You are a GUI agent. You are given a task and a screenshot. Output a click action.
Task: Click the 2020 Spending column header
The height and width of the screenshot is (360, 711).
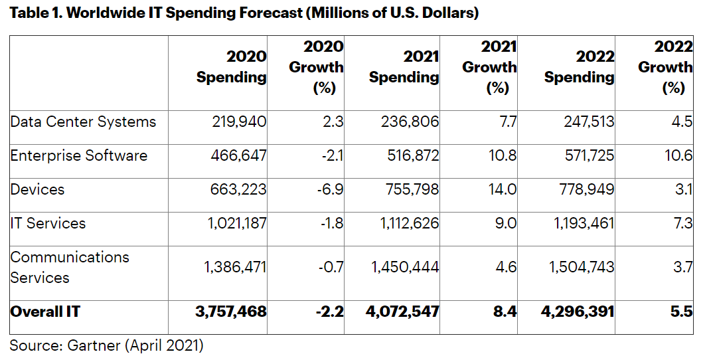(x=231, y=67)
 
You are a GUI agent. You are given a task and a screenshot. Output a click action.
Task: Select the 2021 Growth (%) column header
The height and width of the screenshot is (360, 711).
(x=489, y=67)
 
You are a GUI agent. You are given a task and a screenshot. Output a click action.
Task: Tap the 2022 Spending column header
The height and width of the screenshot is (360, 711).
(x=579, y=67)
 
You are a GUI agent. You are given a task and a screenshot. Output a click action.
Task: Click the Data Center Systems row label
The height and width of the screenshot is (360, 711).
(x=83, y=122)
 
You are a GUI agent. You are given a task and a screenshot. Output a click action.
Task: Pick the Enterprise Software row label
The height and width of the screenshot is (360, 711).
(x=78, y=156)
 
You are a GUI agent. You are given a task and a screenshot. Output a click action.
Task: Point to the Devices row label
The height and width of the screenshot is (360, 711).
(x=37, y=190)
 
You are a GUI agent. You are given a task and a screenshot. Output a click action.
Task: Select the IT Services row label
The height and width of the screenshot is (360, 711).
(x=48, y=224)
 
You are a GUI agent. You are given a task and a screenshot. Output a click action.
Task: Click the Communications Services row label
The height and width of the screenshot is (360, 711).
(x=70, y=267)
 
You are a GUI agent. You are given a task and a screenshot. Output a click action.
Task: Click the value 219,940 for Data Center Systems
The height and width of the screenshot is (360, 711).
(x=237, y=122)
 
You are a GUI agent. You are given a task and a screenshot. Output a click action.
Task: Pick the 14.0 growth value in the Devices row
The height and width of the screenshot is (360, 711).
(x=503, y=190)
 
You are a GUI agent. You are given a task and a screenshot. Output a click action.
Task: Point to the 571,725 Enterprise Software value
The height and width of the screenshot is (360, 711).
(x=584, y=156)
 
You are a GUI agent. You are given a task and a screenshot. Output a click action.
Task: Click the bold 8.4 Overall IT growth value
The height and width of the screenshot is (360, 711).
(x=505, y=310)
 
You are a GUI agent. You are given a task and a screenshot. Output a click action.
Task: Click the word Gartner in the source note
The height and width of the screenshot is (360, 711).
(x=89, y=345)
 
